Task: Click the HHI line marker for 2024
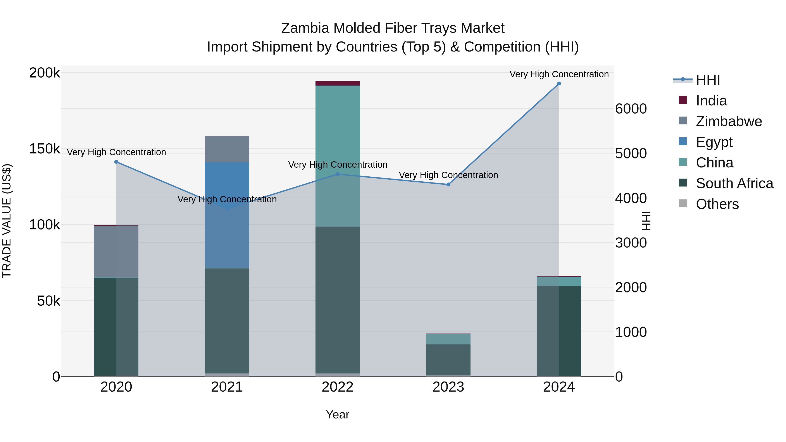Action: [559, 84]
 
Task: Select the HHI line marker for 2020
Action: [116, 162]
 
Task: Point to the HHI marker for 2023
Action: [448, 184]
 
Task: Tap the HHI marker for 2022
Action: [338, 174]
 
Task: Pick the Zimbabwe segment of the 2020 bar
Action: [116, 252]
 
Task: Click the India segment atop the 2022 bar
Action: [338, 83]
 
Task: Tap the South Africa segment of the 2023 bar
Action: [448, 360]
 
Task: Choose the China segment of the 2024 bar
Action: [559, 281]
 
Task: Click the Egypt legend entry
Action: [714, 142]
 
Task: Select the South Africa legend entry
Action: [734, 183]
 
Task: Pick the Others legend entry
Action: [717, 204]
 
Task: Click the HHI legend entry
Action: [708, 80]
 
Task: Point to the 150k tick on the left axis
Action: [45, 149]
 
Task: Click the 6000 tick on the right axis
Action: [631, 109]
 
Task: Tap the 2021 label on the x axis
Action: [227, 387]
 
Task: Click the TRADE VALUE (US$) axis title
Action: [7, 221]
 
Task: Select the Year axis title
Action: [338, 414]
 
